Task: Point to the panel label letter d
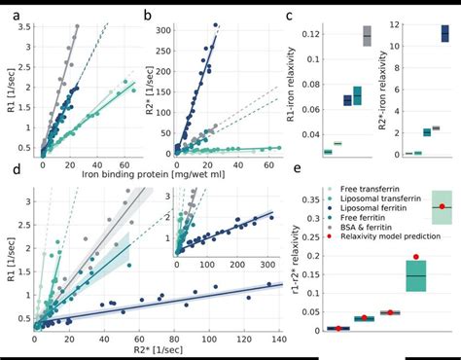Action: (x=8, y=173)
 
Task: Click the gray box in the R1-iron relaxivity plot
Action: (x=368, y=36)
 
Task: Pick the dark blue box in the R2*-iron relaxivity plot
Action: (x=444, y=33)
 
